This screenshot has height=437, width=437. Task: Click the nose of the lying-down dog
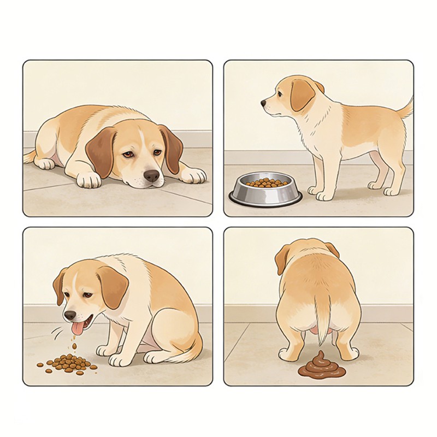pyautogui.click(x=151, y=175)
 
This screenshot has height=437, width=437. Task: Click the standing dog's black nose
pyautogui.click(x=264, y=102)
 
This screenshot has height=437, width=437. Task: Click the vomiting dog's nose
pyautogui.click(x=69, y=315)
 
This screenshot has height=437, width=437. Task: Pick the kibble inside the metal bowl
pyautogui.click(x=265, y=182)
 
